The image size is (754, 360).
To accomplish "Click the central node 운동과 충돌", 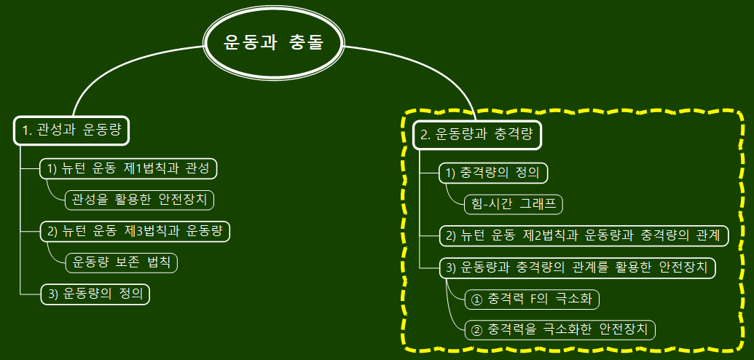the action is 273,42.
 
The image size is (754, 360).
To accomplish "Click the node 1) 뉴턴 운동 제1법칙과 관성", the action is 128,168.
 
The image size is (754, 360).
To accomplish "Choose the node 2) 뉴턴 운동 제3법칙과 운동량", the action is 135,231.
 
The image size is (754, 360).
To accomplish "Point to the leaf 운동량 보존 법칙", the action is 122,262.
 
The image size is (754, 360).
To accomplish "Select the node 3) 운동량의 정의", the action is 95,294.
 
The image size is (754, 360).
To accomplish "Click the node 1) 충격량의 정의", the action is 492,173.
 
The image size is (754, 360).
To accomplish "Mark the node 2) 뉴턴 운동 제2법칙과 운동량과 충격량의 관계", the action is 583,235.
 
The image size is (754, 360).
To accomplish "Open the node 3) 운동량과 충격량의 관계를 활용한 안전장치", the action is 577,267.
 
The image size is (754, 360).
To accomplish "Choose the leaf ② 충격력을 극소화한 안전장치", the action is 559,329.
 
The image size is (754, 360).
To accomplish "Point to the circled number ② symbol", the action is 478,329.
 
